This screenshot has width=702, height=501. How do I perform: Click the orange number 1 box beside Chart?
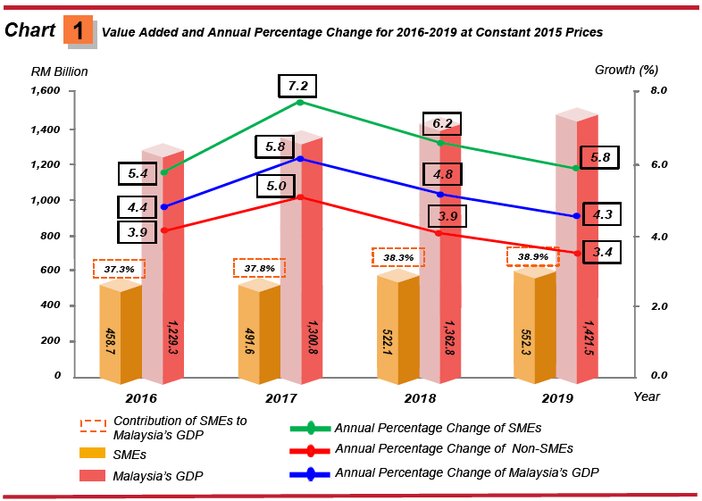[x=78, y=29]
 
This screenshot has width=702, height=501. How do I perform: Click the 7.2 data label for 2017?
[x=297, y=87]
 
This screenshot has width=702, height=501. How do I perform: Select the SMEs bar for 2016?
[x=121, y=330]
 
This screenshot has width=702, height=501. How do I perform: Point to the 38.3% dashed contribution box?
[x=397, y=257]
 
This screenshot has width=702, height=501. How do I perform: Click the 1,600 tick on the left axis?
[x=45, y=91]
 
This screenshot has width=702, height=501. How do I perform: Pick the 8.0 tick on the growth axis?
[x=658, y=91]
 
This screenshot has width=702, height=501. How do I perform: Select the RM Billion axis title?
[x=59, y=71]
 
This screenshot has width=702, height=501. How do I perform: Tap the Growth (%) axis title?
[x=626, y=70]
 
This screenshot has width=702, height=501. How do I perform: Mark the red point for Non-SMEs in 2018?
[x=439, y=233]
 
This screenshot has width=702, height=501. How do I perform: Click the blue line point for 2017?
[x=300, y=159]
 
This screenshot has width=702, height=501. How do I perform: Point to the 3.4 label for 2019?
[x=602, y=253]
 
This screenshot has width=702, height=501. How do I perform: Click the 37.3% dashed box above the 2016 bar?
[x=119, y=268]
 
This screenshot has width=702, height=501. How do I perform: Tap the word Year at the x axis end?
[x=647, y=397]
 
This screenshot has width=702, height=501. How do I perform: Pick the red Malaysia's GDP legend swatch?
[x=96, y=475]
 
